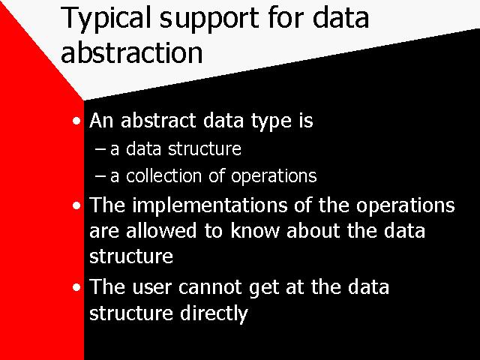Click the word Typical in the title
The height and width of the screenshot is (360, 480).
106,19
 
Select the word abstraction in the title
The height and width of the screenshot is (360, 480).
132,51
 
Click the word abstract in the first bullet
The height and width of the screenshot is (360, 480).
158,120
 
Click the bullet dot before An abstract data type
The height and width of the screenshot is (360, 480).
76,121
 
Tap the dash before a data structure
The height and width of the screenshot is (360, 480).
100,150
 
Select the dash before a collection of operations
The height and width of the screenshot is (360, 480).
100,176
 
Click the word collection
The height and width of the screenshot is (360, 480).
163,175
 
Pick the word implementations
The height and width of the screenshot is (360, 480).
210,205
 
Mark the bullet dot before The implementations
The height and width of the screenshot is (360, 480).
76,205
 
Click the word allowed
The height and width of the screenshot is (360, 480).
161,230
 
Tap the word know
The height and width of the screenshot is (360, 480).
255,230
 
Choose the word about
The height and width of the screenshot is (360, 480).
313,230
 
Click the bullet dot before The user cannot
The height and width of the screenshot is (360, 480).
76,287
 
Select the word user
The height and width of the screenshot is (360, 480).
151,289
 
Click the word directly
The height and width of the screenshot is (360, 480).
214,314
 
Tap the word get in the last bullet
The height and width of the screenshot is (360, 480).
264,289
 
